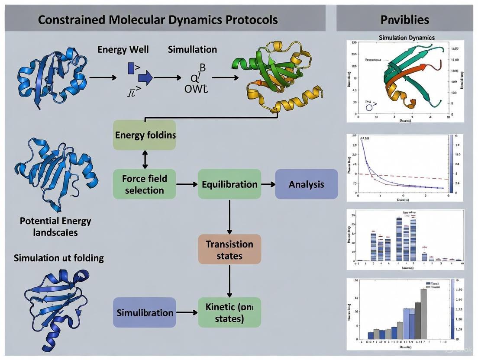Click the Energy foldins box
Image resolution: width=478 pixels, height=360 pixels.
[145, 135]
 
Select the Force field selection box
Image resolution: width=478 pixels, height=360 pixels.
[145, 184]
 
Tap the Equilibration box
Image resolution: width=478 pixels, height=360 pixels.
[229, 184]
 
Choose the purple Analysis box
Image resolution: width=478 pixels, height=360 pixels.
[307, 184]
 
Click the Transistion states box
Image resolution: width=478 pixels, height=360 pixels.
[229, 250]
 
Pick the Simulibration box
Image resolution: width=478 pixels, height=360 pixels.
[145, 312]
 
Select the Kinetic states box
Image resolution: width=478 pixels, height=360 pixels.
[229, 312]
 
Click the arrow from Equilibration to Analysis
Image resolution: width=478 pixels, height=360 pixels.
[268, 184]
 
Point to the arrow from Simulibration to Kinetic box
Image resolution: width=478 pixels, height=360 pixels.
[187, 312]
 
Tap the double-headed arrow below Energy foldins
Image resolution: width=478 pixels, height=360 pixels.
[145, 160]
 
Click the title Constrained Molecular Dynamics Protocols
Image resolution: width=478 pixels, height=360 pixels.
[158, 20]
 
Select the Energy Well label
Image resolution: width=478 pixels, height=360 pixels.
[123, 49]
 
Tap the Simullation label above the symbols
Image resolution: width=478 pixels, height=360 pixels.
[192, 49]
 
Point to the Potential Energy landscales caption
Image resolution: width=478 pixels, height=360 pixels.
[55, 226]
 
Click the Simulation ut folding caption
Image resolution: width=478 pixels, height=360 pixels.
[59, 258]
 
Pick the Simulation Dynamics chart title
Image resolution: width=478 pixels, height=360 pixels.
[407, 38]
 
